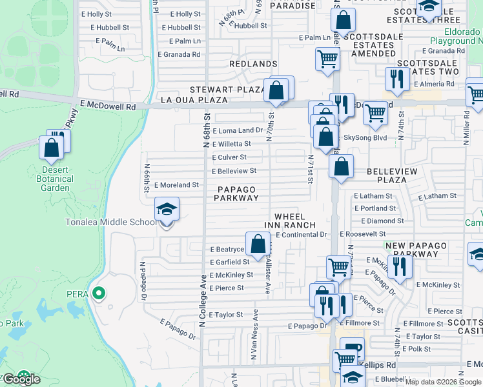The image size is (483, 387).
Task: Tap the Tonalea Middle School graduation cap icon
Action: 167,210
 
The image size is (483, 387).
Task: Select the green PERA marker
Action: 98,294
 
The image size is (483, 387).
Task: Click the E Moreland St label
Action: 176,185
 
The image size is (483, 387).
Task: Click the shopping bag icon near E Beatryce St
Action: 258,244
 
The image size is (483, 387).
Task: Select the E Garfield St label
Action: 229,263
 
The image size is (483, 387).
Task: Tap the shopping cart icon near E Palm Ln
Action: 327,59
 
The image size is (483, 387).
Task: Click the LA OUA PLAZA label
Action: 194,100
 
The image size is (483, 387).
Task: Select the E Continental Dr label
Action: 302,235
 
